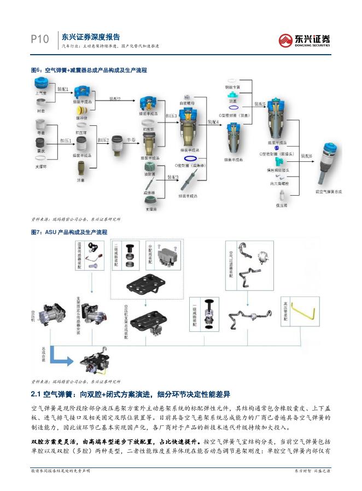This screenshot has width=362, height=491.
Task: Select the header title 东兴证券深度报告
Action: (90, 37)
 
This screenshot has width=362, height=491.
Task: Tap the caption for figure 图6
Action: (89, 71)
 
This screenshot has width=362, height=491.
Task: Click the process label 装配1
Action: (62, 89)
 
